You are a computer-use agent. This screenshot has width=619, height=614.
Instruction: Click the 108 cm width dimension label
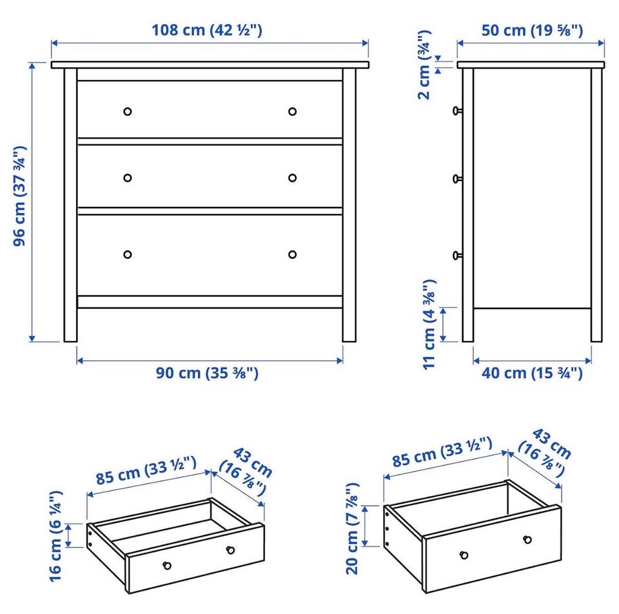[x=207, y=30]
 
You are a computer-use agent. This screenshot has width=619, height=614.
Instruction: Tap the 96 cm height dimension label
[x=20, y=196]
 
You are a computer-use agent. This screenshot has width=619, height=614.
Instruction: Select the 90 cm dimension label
[x=207, y=372]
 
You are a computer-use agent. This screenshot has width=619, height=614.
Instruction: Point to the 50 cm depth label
[x=532, y=30]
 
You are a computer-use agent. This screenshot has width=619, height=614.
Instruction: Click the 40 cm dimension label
[x=532, y=372]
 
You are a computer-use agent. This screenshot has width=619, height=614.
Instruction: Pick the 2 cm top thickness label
[x=424, y=64]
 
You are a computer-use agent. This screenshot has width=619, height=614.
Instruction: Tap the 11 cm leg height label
[x=429, y=325]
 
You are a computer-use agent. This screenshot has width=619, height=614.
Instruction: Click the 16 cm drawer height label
[x=55, y=536]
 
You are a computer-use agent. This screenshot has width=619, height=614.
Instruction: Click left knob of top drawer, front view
[x=128, y=111]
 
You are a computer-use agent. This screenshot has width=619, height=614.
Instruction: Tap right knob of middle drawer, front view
[x=293, y=178]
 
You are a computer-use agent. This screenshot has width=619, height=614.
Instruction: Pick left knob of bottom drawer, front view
[x=128, y=254]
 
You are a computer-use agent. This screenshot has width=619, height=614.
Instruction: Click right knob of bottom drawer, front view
[x=293, y=254]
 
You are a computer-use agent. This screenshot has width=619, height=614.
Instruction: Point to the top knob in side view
[x=457, y=111]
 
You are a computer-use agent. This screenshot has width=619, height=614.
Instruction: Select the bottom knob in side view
[x=457, y=256]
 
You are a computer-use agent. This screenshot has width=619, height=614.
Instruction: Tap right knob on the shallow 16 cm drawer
[x=231, y=550]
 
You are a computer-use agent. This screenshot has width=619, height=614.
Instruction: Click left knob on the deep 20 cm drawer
[x=464, y=555]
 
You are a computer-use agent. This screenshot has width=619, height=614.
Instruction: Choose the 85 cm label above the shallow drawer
[x=146, y=470]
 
